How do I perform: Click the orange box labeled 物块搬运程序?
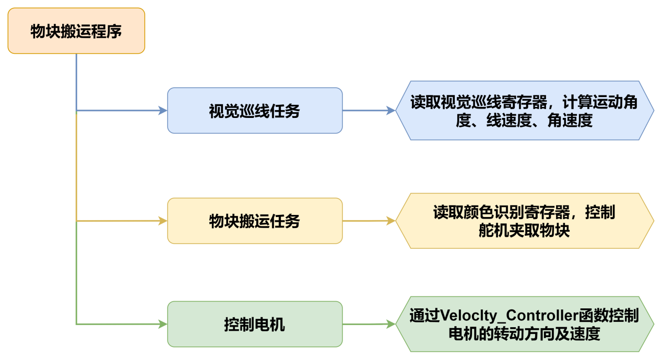click(x=76, y=31)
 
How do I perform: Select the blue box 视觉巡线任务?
click(x=255, y=111)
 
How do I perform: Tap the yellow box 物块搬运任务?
click(x=255, y=221)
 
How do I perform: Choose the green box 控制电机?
click(x=255, y=324)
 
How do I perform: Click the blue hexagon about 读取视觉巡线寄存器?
click(x=524, y=111)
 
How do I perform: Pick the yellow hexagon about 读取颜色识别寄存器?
click(x=524, y=221)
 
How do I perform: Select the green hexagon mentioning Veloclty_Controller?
click(x=524, y=324)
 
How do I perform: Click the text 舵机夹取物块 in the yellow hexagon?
click(x=524, y=230)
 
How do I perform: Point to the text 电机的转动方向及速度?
click(x=524, y=333)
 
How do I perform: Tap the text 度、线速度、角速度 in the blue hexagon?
click(x=524, y=121)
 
